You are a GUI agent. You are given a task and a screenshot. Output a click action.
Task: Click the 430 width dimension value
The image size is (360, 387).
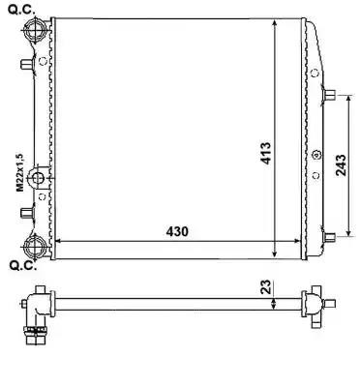pos(177,231)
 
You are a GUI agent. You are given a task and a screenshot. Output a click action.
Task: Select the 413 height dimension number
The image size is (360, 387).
pos(266,153)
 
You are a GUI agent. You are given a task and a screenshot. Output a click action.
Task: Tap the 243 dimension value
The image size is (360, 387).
pos(341,165)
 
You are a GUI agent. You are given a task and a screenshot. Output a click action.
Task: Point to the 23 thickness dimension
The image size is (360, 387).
pos(265,286)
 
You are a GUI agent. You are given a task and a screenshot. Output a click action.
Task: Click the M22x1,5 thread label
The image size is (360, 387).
pos(20,172)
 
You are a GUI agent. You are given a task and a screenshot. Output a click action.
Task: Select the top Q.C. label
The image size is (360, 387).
pos(21,10)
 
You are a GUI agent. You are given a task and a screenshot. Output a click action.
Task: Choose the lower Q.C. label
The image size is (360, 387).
pos(22,266)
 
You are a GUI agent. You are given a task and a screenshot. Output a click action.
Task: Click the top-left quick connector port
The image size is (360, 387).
pos(35,29)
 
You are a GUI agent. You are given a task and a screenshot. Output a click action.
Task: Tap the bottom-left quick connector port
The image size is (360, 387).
pos(35,247)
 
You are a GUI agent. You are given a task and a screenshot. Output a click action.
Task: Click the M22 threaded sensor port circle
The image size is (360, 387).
pos(38,178)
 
